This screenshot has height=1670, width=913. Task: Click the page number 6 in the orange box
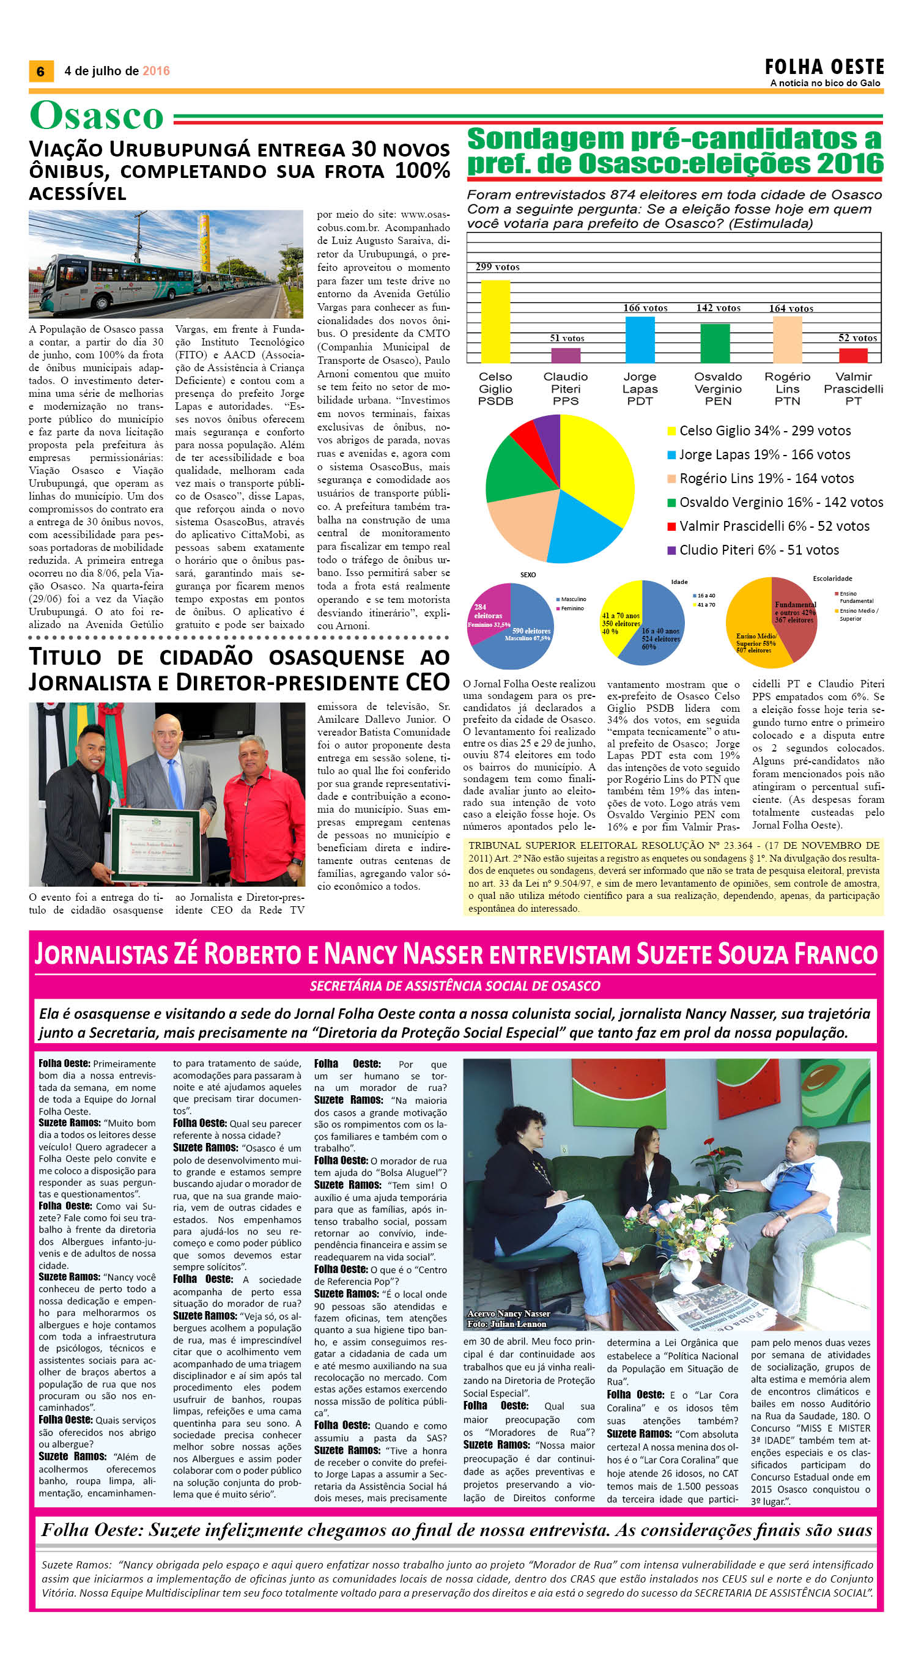click(41, 72)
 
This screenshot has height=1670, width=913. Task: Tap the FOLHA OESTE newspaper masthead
click(824, 67)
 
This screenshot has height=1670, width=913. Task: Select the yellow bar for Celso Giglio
click(495, 321)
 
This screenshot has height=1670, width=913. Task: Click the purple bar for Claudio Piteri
click(566, 355)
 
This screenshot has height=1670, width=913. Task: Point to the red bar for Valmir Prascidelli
click(852, 355)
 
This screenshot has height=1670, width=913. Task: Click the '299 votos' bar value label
click(497, 267)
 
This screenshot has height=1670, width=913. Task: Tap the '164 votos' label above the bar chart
click(791, 309)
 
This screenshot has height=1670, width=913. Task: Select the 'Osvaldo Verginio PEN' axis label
click(718, 389)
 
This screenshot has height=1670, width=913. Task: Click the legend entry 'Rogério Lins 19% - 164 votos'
click(766, 478)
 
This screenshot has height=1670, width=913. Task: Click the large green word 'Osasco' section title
click(97, 117)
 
